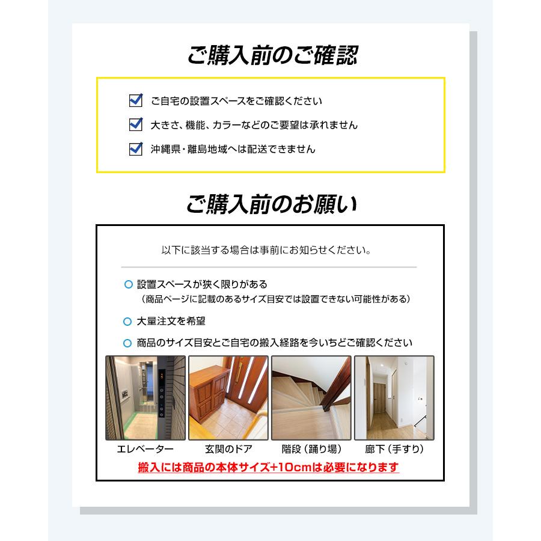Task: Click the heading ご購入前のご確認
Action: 272,55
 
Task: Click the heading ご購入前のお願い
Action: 271,204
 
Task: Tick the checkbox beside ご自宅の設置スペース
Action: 136,100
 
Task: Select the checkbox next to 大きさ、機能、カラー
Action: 136,124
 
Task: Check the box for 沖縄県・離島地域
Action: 136,148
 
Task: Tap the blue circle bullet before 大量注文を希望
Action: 127,322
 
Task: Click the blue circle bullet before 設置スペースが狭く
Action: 127,284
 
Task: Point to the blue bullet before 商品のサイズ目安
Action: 127,343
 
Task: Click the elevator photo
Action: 145,398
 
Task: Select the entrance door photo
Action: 228,398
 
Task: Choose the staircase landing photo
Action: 311,398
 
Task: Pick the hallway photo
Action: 394,398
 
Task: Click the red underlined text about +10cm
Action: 268,467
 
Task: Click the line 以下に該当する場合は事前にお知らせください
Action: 266,249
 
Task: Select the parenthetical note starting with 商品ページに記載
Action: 276,299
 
